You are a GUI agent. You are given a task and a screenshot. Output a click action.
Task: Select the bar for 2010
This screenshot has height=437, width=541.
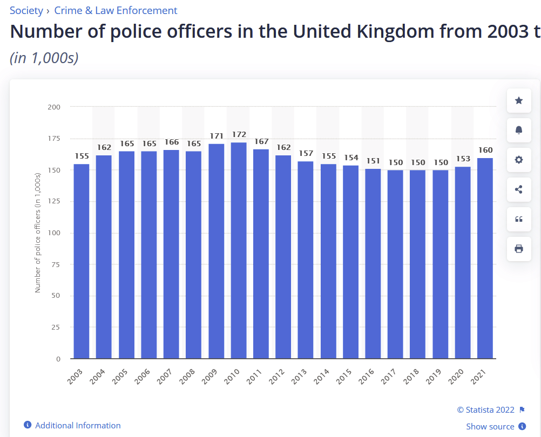(x=239, y=250)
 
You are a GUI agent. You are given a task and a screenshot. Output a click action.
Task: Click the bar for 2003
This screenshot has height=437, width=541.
(x=82, y=261)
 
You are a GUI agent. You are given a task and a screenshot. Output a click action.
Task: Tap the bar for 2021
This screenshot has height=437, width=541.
(x=485, y=258)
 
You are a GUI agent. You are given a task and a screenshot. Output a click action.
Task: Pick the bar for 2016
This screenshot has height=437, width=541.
(x=373, y=263)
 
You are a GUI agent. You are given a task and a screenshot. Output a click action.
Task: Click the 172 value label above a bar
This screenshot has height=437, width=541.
(x=239, y=134)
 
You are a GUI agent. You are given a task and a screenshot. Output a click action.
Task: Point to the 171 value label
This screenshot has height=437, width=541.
(x=216, y=135)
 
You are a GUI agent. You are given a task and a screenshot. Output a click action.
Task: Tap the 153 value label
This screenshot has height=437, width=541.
(x=463, y=159)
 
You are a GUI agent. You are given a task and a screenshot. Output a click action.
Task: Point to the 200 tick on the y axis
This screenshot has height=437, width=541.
(x=54, y=107)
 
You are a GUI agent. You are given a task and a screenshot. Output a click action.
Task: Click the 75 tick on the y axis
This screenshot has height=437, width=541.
(x=56, y=264)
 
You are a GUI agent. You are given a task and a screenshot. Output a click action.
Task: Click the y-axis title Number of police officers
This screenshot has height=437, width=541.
(x=38, y=233)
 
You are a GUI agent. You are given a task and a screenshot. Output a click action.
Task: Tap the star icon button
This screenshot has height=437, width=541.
(x=519, y=100)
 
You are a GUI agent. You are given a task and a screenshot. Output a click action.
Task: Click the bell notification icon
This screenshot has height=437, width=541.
(x=519, y=130)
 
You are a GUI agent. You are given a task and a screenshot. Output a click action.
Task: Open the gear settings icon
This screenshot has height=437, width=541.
(x=519, y=160)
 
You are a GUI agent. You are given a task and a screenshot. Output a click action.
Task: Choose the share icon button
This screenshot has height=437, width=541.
(x=519, y=189)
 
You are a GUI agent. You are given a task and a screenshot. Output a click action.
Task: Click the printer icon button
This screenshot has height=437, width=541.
(x=519, y=249)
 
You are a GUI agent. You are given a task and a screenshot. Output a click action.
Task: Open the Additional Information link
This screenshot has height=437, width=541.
(x=78, y=426)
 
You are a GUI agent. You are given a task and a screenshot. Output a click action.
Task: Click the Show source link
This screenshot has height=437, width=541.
(x=490, y=427)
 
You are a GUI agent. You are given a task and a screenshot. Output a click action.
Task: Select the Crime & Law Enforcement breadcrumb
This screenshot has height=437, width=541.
(x=116, y=10)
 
